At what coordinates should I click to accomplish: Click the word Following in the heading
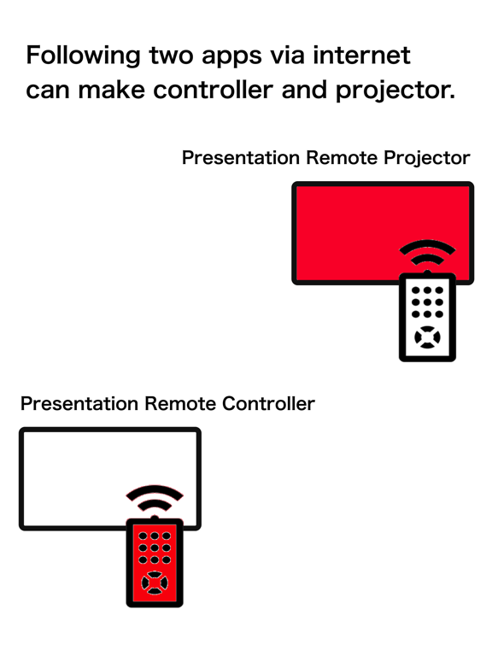[83, 56]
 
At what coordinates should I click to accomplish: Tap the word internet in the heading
[361, 55]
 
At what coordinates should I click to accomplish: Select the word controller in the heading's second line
[214, 90]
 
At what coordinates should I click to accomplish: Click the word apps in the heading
[231, 58]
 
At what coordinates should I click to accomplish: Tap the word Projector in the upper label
[427, 159]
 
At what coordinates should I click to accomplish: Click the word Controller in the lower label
[268, 404]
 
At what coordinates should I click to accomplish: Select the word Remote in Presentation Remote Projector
[342, 158]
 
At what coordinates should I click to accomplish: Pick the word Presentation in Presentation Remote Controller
[79, 404]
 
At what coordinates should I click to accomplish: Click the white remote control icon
[427, 317]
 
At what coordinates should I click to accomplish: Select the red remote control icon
[155, 563]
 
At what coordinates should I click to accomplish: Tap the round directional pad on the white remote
[427, 337]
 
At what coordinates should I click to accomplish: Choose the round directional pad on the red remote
[155, 583]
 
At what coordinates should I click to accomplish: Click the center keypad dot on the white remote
[427, 302]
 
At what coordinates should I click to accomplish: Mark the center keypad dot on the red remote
[155, 548]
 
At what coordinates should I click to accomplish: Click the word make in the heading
[111, 90]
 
